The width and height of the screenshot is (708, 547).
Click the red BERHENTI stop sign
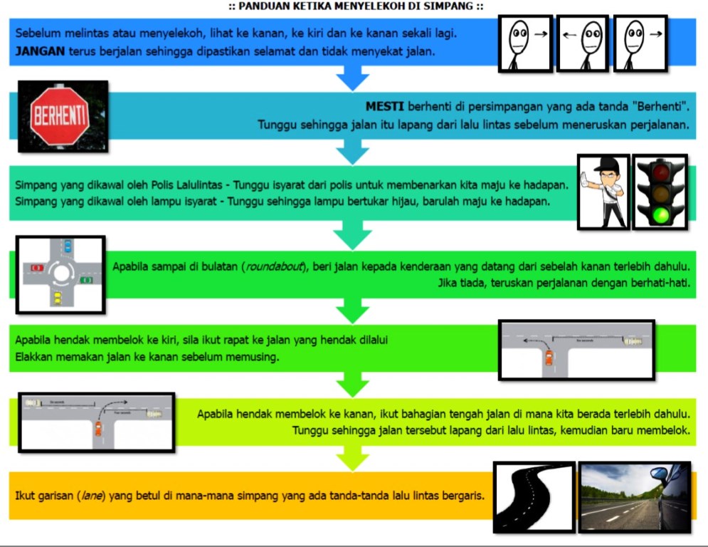60,116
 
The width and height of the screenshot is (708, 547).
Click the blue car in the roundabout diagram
67,247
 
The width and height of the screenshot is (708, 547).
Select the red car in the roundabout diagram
36,268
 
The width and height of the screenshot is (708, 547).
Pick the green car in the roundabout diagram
87,279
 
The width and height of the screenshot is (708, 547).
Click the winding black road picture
533,497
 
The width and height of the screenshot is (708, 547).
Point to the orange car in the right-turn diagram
98,429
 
